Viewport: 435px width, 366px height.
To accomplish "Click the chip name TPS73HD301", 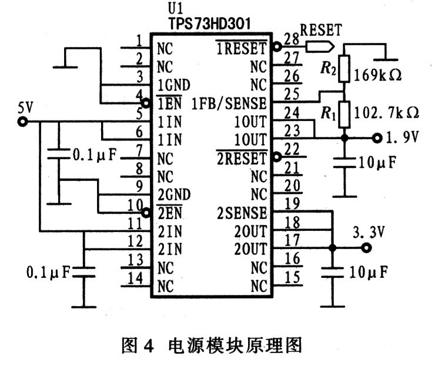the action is (x=209, y=23).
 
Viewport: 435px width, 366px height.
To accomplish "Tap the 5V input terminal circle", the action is (x=22, y=122).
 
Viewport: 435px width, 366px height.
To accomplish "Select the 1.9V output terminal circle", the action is (x=377, y=138).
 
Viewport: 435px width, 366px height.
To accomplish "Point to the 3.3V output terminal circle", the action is (x=366, y=247).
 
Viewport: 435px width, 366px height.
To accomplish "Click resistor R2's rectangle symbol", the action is (x=344, y=69).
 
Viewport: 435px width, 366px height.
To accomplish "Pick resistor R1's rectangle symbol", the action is (x=344, y=115).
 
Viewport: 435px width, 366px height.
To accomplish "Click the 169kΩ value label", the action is (x=377, y=75).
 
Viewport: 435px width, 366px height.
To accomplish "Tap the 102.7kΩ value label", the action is (x=386, y=113).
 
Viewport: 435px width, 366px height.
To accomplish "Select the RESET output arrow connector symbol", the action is (x=320, y=46).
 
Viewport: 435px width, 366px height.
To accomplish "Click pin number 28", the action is (x=292, y=39).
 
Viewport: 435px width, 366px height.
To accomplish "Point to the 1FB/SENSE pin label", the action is (x=229, y=104).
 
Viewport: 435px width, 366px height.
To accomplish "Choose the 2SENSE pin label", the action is (x=242, y=213).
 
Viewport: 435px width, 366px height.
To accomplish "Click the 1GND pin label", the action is (x=174, y=85).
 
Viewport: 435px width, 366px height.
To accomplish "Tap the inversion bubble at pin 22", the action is (x=277, y=157).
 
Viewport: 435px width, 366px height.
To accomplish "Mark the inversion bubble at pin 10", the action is (x=146, y=213).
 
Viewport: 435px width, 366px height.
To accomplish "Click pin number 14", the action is (x=135, y=278).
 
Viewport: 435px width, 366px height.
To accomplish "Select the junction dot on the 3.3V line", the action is (x=332, y=247).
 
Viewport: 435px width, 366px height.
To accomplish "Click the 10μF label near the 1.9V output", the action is (x=377, y=163).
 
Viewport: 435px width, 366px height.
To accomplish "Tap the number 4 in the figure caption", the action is (x=149, y=346).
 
